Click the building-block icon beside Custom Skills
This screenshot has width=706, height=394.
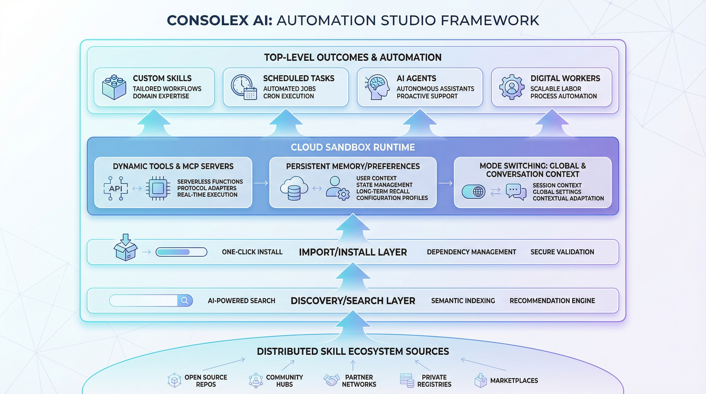pyautogui.click(x=114, y=87)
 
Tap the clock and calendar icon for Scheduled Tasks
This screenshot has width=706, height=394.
pyautogui.click(x=244, y=87)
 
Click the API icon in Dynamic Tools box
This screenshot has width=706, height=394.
pyautogui.click(x=116, y=189)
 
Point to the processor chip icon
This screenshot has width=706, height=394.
pyautogui.click(x=158, y=189)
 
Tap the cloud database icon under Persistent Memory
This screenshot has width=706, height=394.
pyautogui.click(x=294, y=189)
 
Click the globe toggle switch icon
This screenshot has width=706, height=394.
pyautogui.click(x=473, y=192)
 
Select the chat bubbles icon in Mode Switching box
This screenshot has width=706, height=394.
pyautogui.click(x=516, y=192)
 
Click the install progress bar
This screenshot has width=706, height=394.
pyautogui.click(x=181, y=252)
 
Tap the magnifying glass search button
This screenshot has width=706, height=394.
pyautogui.click(x=185, y=301)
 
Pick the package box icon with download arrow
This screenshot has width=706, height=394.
pyautogui.click(x=125, y=248)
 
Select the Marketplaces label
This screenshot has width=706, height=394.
pyautogui.click(x=514, y=381)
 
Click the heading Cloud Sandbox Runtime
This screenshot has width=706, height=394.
pyautogui.click(x=353, y=147)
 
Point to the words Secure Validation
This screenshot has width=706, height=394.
pyautogui.click(x=562, y=252)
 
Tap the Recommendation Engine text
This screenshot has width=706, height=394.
pyautogui.click(x=552, y=301)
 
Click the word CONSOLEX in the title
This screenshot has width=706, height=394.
pyautogui.click(x=208, y=21)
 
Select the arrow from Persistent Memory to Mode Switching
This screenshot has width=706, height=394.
pyautogui.click(x=445, y=183)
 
